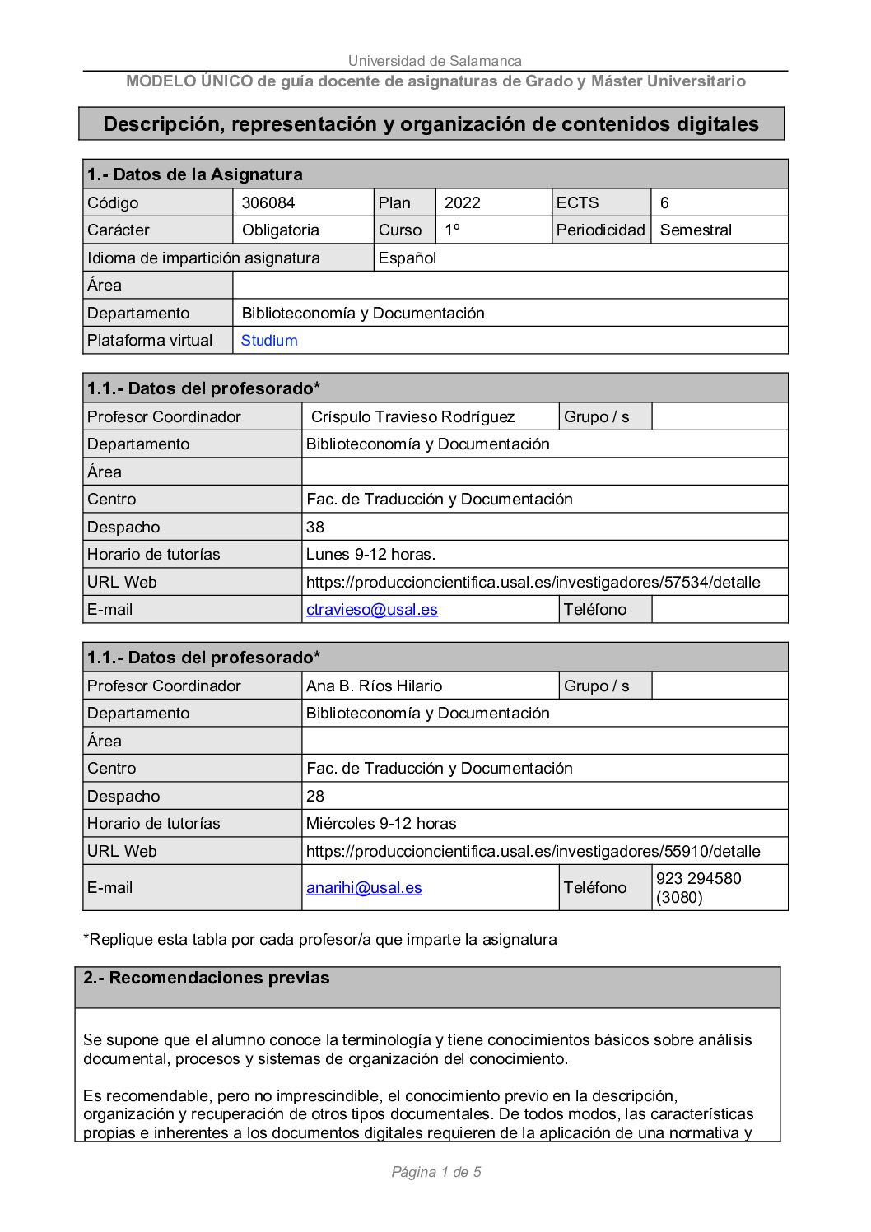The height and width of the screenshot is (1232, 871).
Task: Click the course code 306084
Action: (268, 202)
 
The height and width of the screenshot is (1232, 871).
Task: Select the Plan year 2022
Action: (462, 202)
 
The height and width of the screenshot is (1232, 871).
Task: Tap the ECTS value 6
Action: (664, 202)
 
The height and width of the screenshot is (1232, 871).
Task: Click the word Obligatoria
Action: (280, 230)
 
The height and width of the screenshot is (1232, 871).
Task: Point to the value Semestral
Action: (696, 230)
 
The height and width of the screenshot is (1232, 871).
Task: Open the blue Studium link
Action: (269, 340)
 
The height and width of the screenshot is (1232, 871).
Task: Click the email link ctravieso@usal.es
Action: (372, 609)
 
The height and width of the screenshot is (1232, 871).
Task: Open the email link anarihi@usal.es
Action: (364, 887)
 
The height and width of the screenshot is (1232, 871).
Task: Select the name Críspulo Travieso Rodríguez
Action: (412, 416)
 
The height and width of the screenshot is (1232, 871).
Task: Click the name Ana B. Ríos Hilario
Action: (374, 686)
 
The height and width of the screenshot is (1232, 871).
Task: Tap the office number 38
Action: (315, 527)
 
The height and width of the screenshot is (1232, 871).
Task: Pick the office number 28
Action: (315, 796)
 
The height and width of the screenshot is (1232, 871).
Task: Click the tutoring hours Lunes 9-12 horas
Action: (370, 554)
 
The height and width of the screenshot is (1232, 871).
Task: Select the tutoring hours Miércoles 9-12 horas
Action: (381, 823)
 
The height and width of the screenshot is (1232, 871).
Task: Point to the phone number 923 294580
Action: (698, 878)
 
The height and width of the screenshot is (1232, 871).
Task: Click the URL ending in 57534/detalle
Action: (533, 582)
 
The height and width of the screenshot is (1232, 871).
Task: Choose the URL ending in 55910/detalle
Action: (533, 851)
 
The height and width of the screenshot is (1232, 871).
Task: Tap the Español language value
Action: (407, 258)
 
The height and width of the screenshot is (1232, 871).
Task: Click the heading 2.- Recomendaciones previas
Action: (206, 978)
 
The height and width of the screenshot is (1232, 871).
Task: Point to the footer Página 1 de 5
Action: (436, 1172)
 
